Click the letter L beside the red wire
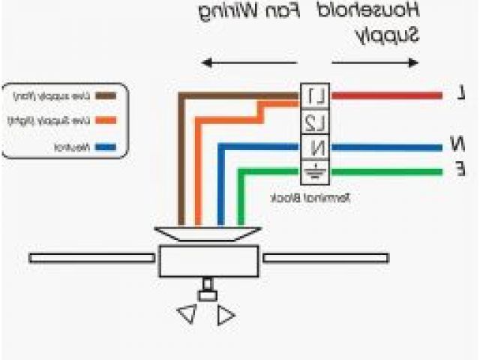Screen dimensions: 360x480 coord(460,94)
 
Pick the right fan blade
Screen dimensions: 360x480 coord(325,258)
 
